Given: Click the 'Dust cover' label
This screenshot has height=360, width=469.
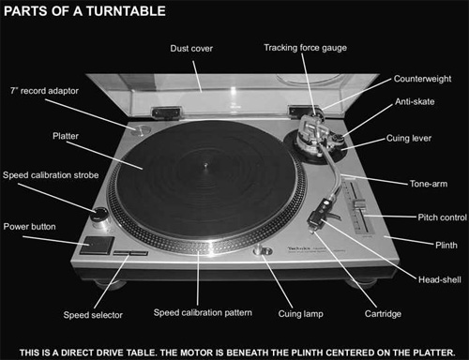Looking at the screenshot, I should point(191,48).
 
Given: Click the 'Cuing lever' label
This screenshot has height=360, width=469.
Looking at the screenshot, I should point(410,140).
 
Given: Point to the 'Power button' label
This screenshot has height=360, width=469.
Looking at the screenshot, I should point(30,226).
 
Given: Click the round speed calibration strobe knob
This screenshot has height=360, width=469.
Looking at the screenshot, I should point(98,220).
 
